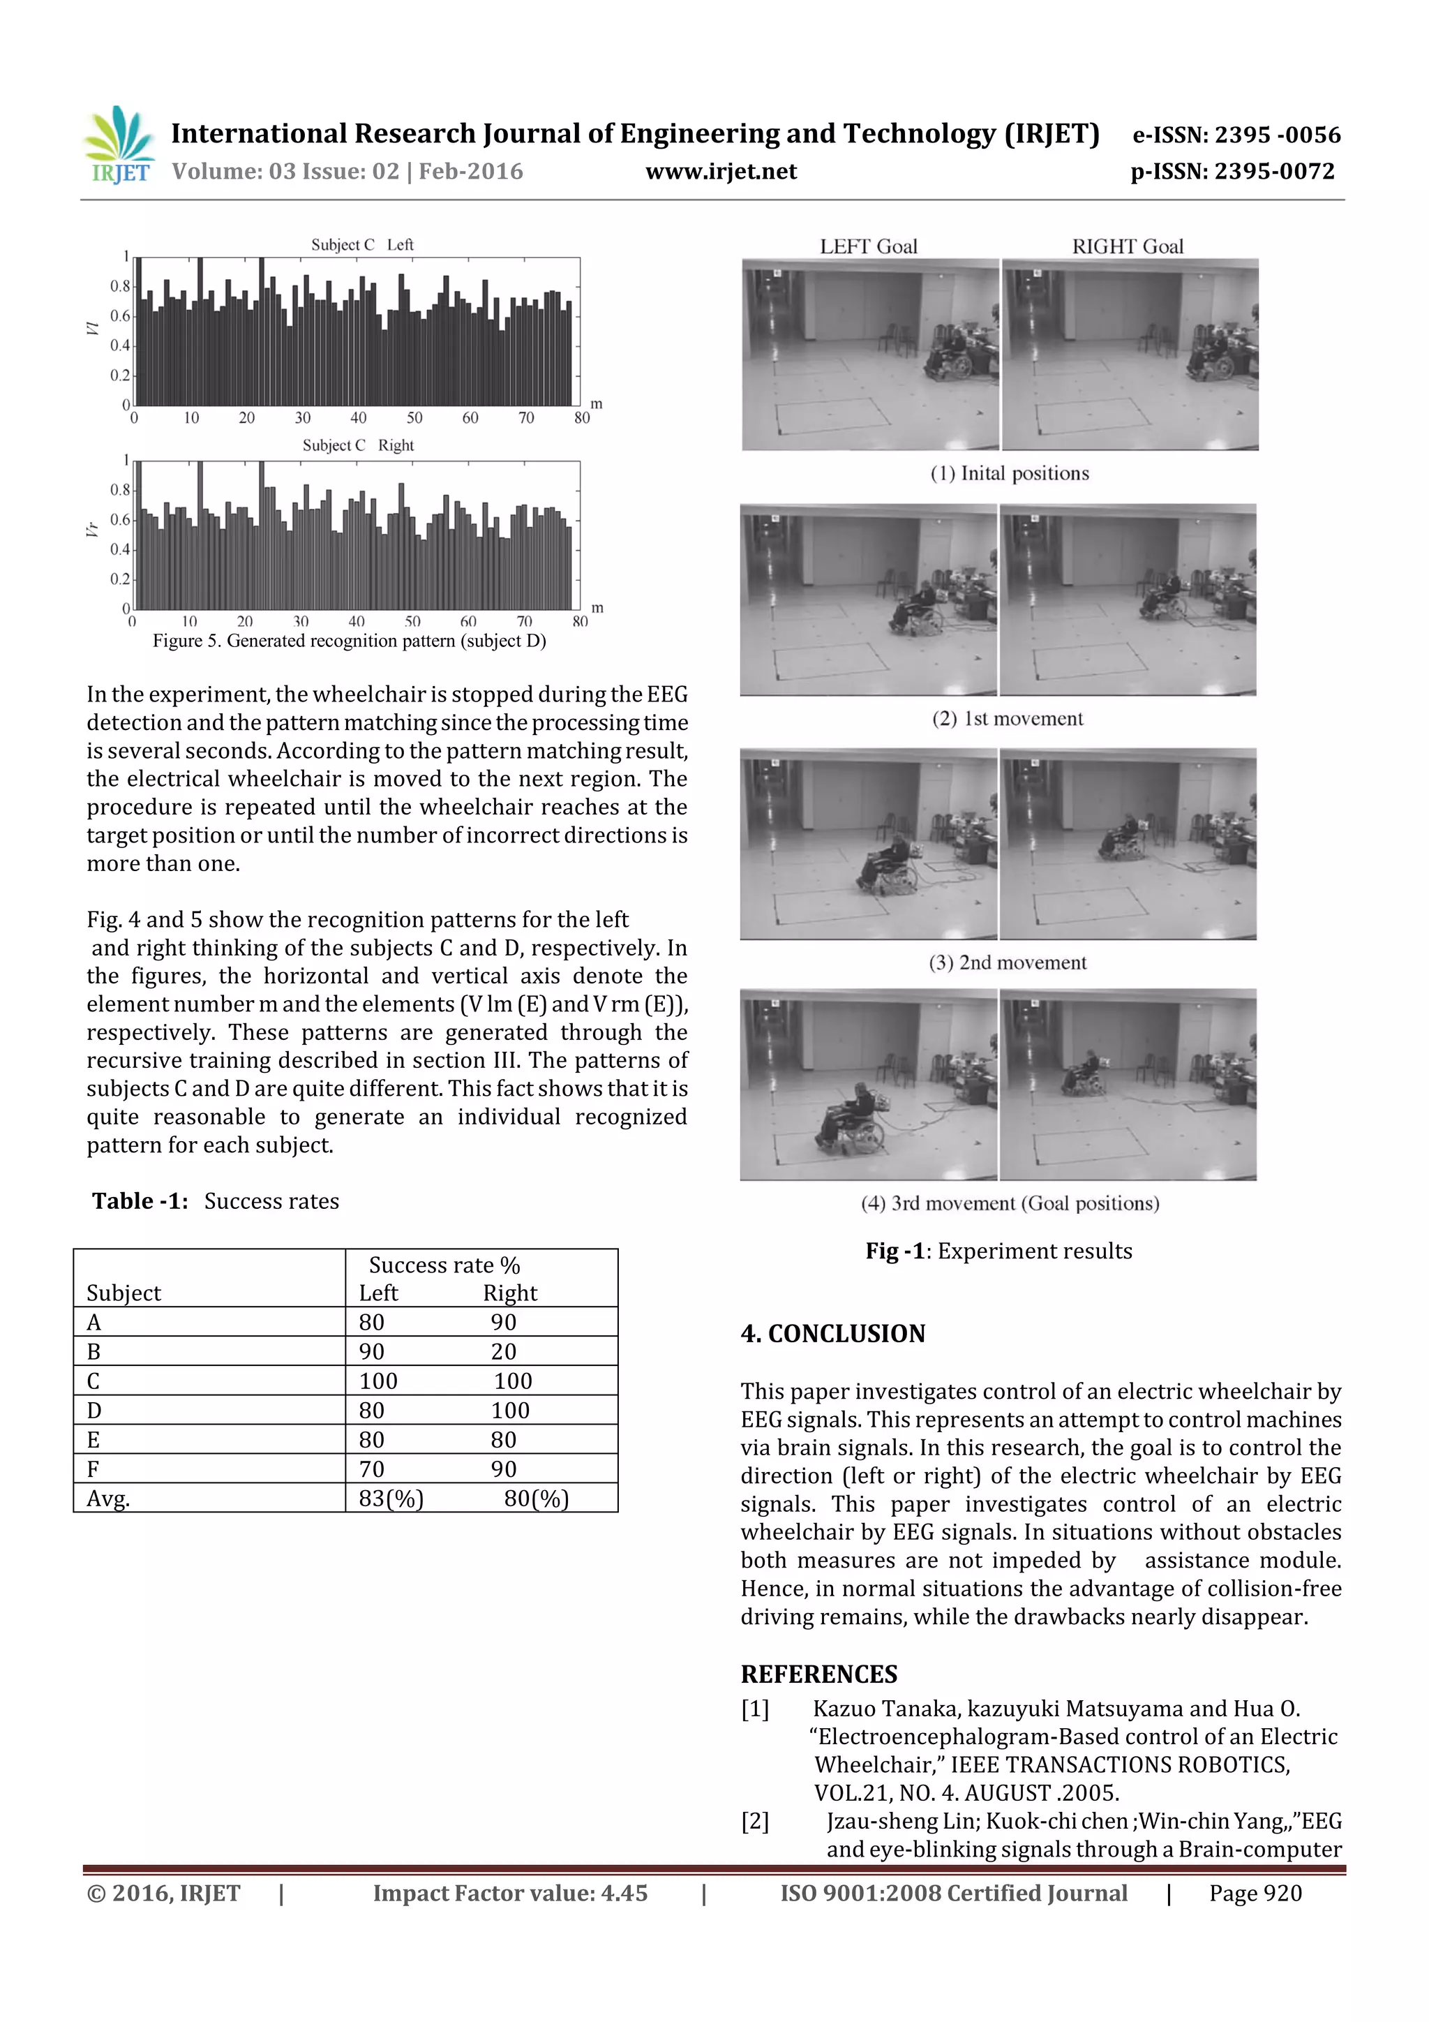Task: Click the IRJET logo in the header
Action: pyautogui.click(x=119, y=144)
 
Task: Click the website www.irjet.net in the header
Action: pyautogui.click(x=720, y=172)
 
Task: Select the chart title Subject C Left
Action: pyautogui.click(x=362, y=245)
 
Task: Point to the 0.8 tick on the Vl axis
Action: pyautogui.click(x=120, y=286)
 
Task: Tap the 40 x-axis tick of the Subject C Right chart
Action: pyautogui.click(x=356, y=621)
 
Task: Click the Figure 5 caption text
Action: pyautogui.click(x=350, y=641)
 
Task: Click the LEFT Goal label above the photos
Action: pyautogui.click(x=868, y=246)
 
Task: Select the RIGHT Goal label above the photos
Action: pyautogui.click(x=1127, y=246)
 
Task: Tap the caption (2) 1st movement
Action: pyautogui.click(x=1008, y=719)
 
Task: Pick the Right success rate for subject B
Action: pyautogui.click(x=504, y=1351)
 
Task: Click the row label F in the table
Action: pyautogui.click(x=93, y=1469)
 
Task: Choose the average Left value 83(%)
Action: pyautogui.click(x=391, y=1499)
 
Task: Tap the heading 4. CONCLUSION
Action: pyautogui.click(x=833, y=1333)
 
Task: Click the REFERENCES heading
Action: pyautogui.click(x=819, y=1674)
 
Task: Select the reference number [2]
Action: pyautogui.click(x=754, y=1821)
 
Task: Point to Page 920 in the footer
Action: pyautogui.click(x=1255, y=1894)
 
